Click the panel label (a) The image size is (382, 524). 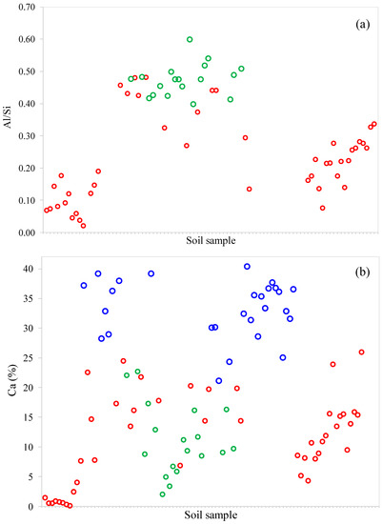coord(360,19)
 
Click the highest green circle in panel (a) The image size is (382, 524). coord(190,40)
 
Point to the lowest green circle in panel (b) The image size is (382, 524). coord(163,494)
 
